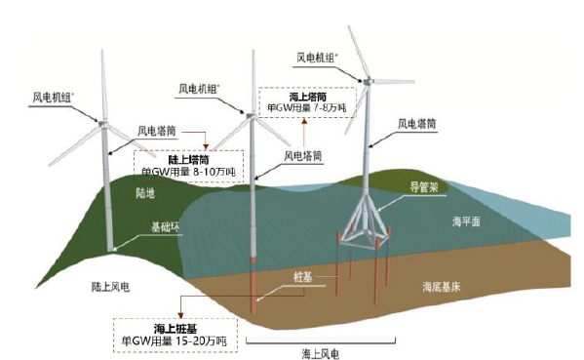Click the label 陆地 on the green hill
point(149,193)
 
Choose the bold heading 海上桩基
point(172,327)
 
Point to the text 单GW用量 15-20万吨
point(175,341)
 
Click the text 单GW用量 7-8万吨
point(305,110)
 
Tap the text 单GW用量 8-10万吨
point(186,171)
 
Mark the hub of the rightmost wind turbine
point(369,80)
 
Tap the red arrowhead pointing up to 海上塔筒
point(303,123)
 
